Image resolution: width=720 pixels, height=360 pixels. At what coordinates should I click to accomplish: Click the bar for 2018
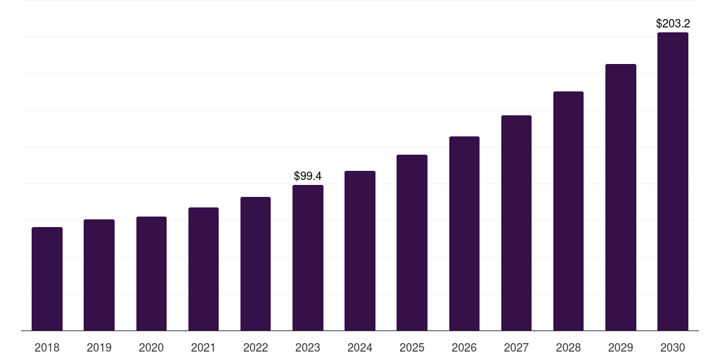click(47, 278)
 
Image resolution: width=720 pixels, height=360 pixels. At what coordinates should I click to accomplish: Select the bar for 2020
click(151, 274)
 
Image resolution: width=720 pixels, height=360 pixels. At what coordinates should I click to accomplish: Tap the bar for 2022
click(255, 264)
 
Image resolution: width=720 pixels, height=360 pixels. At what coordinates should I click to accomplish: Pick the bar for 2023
click(308, 257)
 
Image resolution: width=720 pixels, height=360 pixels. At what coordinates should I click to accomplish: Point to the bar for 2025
click(412, 243)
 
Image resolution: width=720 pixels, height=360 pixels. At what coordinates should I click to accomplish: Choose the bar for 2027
click(516, 223)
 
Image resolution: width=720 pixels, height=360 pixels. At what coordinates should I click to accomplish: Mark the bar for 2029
click(620, 197)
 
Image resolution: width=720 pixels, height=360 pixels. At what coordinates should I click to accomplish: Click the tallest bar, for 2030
click(673, 181)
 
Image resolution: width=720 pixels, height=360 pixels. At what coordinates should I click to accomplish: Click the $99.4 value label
click(308, 176)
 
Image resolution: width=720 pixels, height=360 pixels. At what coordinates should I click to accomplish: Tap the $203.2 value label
click(673, 23)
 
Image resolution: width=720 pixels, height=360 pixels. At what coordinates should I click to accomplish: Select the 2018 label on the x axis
click(47, 347)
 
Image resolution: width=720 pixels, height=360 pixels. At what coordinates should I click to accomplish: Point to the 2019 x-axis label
click(99, 347)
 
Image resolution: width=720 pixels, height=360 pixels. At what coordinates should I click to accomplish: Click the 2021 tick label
click(203, 347)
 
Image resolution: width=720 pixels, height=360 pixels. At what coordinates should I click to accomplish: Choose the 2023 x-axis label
click(308, 347)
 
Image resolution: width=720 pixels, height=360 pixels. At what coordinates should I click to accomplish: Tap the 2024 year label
click(360, 347)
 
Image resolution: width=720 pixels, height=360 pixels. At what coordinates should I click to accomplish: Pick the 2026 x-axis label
click(464, 347)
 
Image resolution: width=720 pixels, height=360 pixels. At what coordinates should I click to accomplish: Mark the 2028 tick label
click(568, 347)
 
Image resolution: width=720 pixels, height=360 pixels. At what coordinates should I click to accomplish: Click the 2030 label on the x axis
click(673, 347)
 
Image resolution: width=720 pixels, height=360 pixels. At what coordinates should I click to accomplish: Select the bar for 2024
click(360, 250)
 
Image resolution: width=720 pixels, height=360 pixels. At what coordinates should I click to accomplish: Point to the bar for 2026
click(464, 233)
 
